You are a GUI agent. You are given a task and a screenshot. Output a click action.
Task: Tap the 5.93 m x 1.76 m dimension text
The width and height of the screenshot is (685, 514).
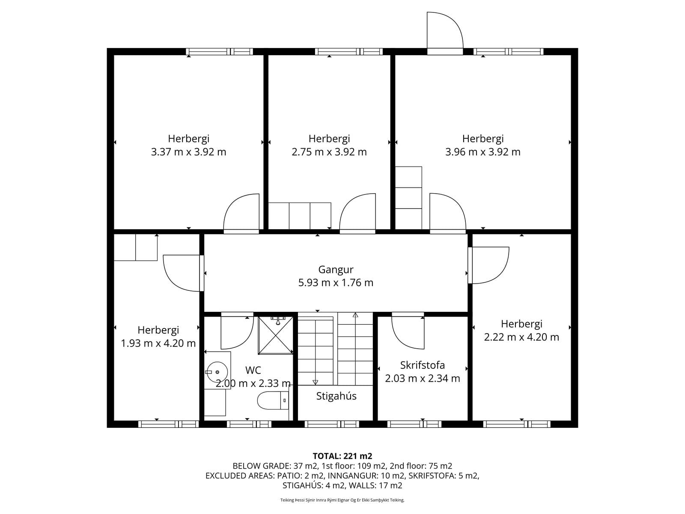pos(336,282)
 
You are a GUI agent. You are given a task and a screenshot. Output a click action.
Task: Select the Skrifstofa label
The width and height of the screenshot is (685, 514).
pos(422,365)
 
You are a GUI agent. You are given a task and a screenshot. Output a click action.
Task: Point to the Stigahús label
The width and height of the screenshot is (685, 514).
pos(336,396)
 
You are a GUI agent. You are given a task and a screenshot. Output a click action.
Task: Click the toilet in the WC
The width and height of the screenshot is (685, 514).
pos(274,400)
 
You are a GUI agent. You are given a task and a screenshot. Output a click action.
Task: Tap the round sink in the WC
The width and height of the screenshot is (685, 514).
pos(217,372)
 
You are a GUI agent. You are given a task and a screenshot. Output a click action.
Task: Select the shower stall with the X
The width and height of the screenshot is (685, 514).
pos(276,335)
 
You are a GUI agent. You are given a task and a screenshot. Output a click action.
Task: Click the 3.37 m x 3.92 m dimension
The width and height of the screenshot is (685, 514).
pos(188,152)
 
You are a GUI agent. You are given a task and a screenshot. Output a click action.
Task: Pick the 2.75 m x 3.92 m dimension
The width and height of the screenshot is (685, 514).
pos(329,152)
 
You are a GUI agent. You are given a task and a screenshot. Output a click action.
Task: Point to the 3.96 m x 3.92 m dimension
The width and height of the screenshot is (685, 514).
pos(482,152)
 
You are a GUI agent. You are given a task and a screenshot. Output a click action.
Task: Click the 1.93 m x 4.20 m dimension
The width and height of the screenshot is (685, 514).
pos(158,343)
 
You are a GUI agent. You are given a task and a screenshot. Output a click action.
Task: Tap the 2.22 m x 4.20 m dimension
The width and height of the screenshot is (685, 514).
pos(521,337)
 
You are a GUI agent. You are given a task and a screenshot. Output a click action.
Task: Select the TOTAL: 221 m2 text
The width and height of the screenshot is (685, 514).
pos(342,456)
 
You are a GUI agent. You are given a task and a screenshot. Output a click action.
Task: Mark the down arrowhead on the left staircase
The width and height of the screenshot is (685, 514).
pos(315,382)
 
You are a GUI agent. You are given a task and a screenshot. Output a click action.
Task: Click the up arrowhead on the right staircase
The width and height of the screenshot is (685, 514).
pos(355,315)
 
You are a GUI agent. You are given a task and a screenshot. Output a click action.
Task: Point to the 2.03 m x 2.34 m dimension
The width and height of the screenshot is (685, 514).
pos(422,378)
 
